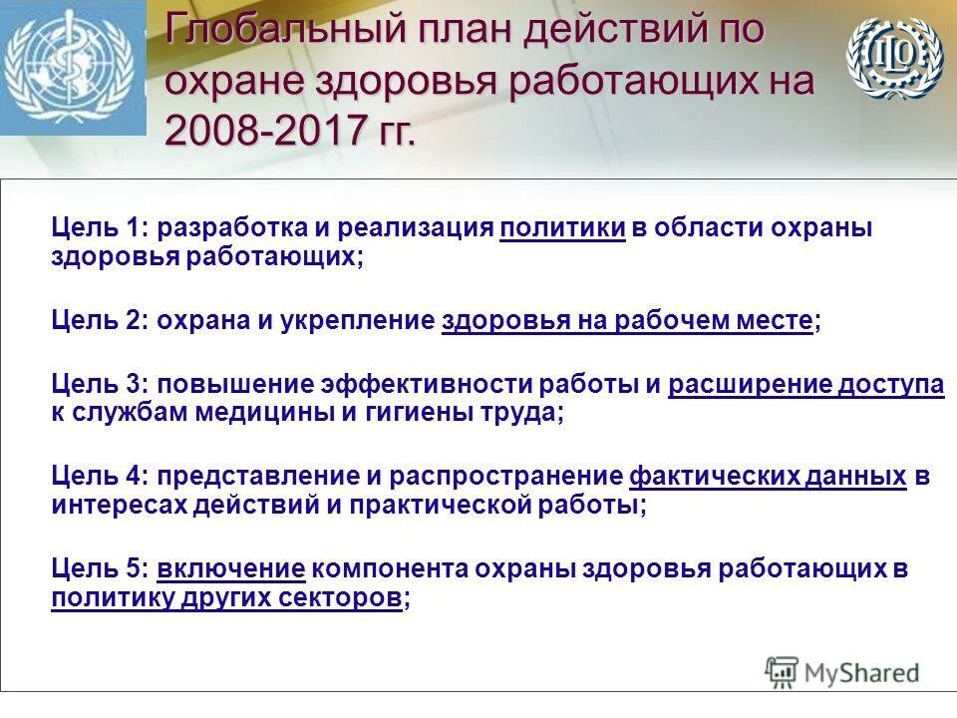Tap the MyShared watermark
coord(842,672)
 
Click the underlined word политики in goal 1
coord(562,228)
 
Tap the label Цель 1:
coord(100,228)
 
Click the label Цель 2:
coord(100,321)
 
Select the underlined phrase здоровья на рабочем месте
coord(627,321)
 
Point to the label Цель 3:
coord(100,385)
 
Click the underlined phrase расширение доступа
coord(805,385)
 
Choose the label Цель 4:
coord(100,477)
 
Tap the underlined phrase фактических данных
coord(768,477)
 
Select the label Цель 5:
coord(100,569)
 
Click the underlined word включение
coord(230,569)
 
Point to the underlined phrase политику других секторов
coord(228,598)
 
